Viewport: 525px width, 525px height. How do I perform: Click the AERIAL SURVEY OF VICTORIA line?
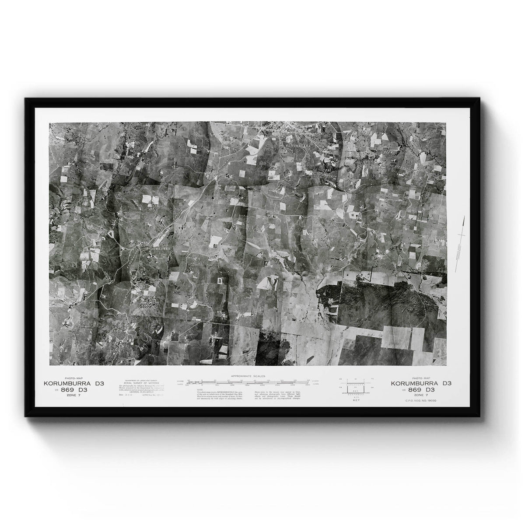(x=134, y=383)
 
